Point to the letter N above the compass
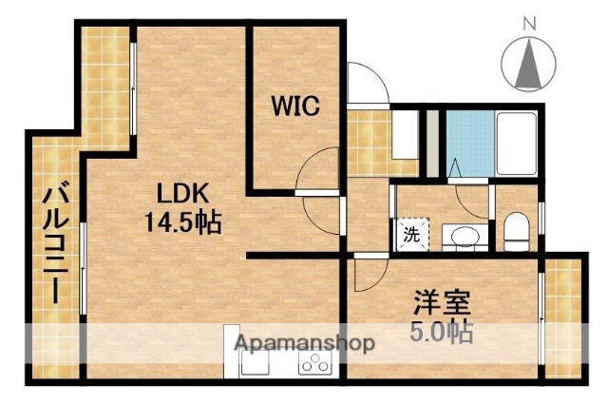click(x=530, y=22)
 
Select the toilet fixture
click(x=516, y=232)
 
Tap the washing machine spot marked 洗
click(x=412, y=232)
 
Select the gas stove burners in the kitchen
click(x=314, y=365)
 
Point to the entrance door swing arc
click(x=366, y=84)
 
